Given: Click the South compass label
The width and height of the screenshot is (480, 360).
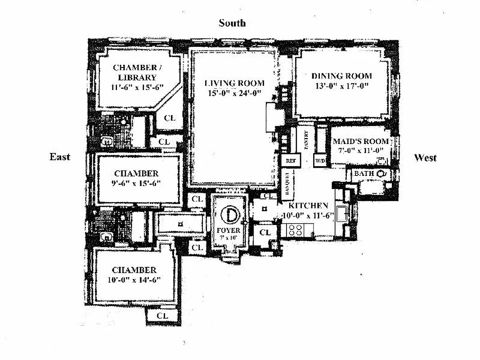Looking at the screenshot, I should coord(232,23).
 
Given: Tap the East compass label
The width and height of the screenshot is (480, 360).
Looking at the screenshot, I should coord(60,157).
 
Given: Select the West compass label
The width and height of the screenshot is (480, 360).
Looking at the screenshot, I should coord(425,157).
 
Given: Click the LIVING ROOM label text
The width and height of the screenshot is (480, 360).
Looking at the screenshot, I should coord(234,83).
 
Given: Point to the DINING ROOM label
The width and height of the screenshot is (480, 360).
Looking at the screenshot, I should coord(342,76).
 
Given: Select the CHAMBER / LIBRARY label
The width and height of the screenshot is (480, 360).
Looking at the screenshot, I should coord(135,72).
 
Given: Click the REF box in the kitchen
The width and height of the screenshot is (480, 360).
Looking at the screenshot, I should coord(290,161).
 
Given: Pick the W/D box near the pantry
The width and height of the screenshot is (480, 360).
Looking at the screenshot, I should coord(321,161).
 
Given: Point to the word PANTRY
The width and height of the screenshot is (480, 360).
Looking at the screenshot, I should coord(306,139).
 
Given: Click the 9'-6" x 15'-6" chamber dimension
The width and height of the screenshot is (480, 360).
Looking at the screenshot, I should coord(136,183).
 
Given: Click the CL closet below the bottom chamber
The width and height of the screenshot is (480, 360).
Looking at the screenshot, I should coord(162,316).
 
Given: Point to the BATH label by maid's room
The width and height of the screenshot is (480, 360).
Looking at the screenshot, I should coord(362,174).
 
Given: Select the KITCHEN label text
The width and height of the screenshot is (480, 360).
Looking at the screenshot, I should coord(309,206).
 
